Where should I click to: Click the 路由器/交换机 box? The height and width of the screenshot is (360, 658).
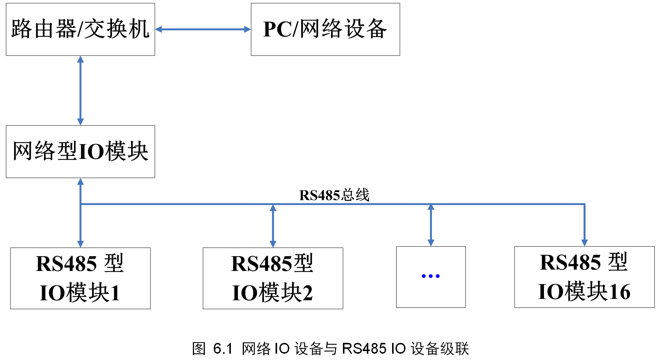[x=80, y=29]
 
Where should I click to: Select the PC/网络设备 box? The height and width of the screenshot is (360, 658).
[x=325, y=29]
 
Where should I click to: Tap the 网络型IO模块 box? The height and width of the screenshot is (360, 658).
[x=80, y=152]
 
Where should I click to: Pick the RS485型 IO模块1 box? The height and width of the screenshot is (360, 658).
[x=80, y=278]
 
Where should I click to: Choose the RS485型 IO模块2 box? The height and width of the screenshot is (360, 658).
[x=273, y=278]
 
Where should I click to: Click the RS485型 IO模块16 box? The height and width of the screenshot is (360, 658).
[x=584, y=277]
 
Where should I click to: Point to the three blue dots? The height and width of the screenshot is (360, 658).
[x=430, y=276]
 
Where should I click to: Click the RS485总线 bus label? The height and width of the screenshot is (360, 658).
[x=334, y=195]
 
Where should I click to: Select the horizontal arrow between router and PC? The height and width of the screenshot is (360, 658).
[x=203, y=29]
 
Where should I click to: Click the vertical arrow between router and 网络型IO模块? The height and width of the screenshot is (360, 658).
[x=80, y=90]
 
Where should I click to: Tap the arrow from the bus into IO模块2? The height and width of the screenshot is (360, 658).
[x=273, y=226]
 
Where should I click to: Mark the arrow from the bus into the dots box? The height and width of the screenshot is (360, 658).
[x=431, y=225]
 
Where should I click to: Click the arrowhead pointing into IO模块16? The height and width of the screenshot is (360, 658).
[x=584, y=243]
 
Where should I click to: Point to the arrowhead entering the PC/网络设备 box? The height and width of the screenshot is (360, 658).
[x=247, y=29]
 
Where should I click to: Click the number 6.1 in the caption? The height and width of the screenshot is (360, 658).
[x=222, y=349]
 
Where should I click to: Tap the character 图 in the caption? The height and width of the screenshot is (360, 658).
[x=198, y=349]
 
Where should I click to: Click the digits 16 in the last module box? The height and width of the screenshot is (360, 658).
[x=619, y=291]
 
